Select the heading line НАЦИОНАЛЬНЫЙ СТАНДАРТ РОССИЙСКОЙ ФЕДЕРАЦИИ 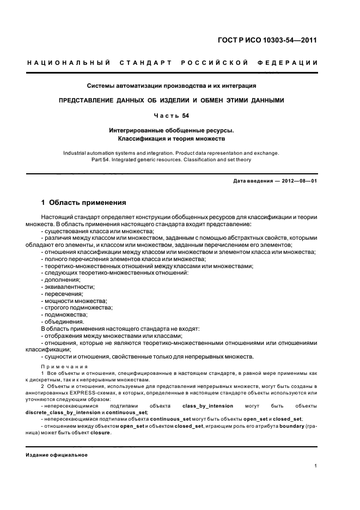coord(173,63)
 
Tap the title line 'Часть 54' coord(172,116)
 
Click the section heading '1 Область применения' coord(83,203)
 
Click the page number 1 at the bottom coord(316,465)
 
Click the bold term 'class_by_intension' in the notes coord(208,406)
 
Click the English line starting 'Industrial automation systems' coord(171,153)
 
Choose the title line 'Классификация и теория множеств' coord(172,140)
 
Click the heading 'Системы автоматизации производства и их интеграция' coord(172,86)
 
